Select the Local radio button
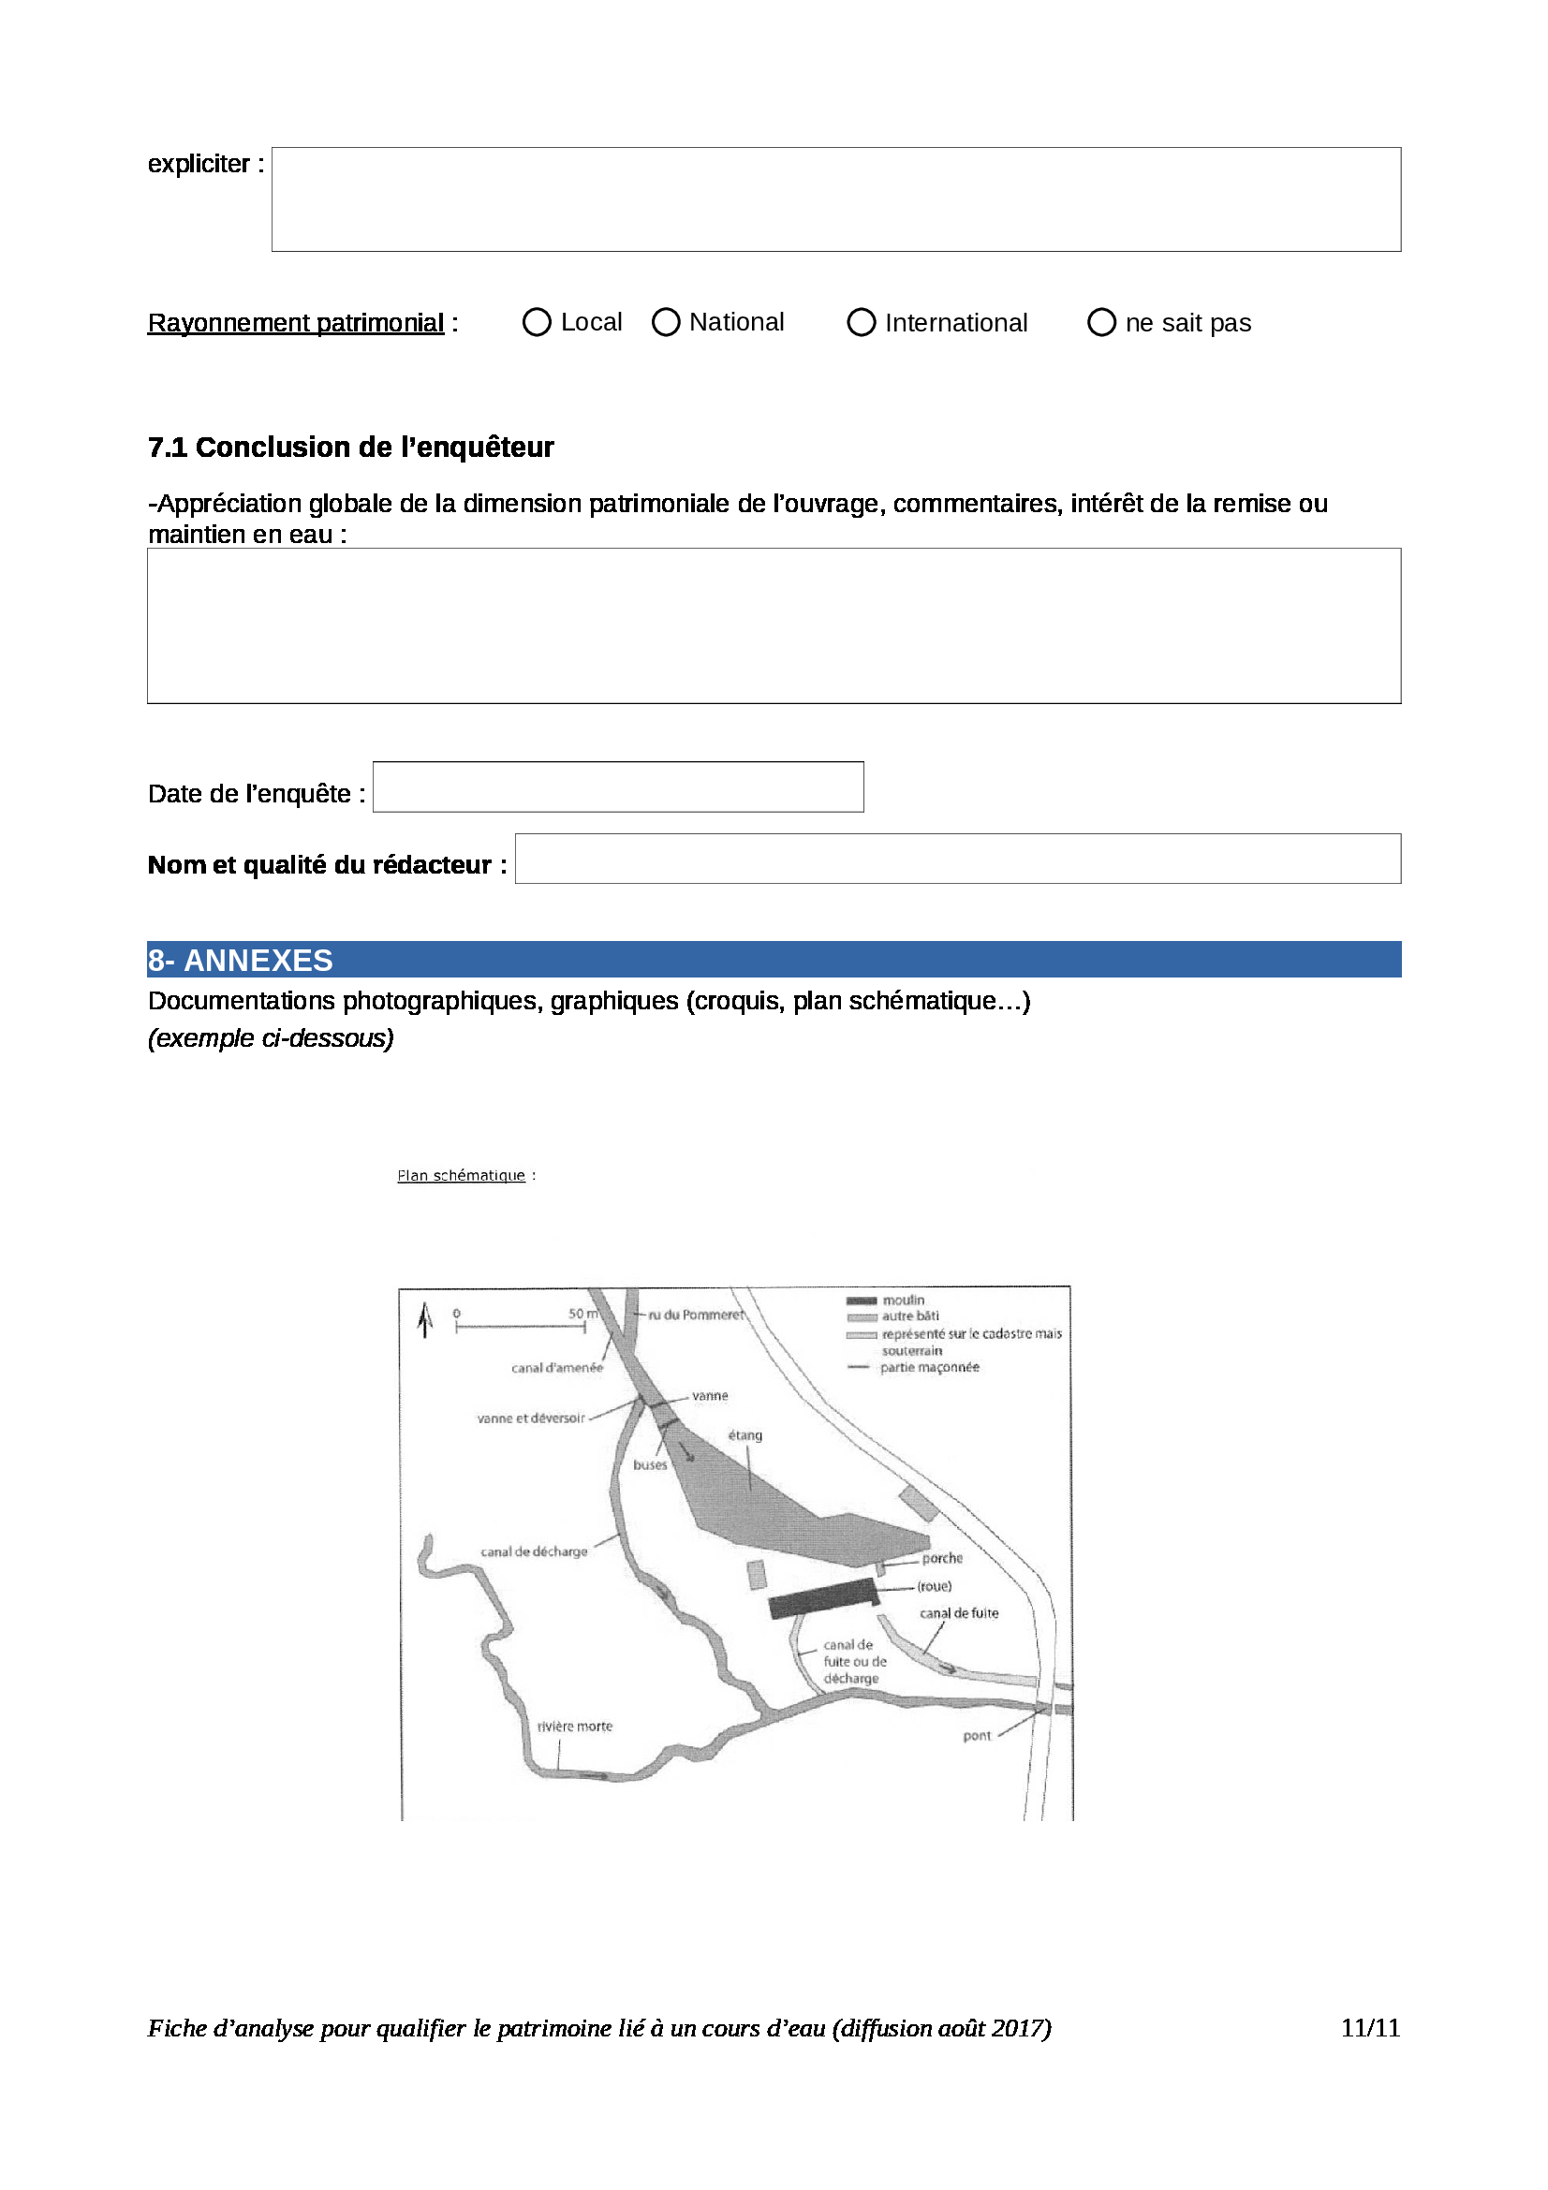[537, 322]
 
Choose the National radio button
[666, 322]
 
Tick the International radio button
[862, 322]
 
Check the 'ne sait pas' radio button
[1101, 322]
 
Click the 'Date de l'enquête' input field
[618, 786]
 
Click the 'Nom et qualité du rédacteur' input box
[958, 859]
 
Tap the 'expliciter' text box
[835, 199]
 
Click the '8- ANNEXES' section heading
[241, 960]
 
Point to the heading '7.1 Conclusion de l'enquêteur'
[351, 448]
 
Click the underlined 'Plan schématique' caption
[462, 1175]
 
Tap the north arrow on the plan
[425, 1320]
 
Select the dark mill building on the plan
[823, 1597]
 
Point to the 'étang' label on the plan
[745, 1434]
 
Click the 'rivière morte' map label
[575, 1727]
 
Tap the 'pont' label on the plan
[977, 1736]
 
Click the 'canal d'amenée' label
[557, 1368]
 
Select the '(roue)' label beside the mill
[935, 1586]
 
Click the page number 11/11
[1370, 2028]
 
